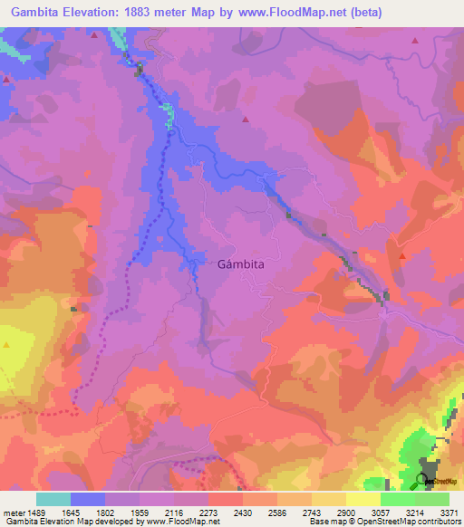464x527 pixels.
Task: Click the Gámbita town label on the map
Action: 241,265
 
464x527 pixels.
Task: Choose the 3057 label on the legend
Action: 383,512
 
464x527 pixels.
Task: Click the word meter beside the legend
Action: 14,512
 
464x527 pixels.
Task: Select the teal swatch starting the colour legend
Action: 53,499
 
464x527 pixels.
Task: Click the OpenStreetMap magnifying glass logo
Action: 424,480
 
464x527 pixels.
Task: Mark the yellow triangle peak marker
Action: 6,345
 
